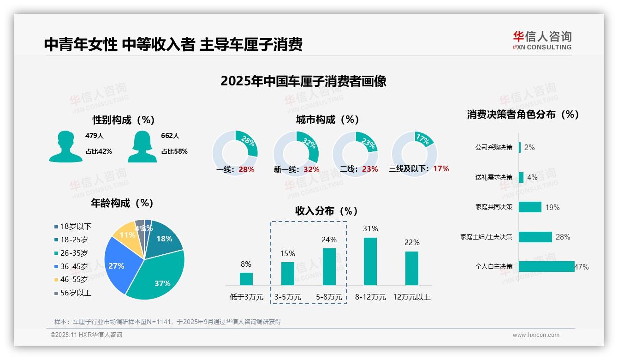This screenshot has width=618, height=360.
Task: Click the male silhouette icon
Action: [x=65, y=147]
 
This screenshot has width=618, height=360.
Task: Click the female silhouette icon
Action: [x=143, y=147]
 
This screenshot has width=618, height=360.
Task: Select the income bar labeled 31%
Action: [x=370, y=261]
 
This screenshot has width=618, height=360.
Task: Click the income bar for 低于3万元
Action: [x=246, y=279]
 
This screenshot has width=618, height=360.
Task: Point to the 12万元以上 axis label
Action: [x=412, y=297]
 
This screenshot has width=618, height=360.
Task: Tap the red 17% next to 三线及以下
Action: [x=441, y=169]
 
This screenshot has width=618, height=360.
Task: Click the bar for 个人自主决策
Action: [x=547, y=266]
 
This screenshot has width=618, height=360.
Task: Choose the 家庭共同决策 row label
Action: [x=494, y=207]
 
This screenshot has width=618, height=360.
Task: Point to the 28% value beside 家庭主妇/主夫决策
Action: [x=563, y=237]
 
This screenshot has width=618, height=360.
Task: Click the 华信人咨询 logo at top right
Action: [x=542, y=40]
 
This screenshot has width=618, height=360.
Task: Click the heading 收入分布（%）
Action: [x=327, y=211]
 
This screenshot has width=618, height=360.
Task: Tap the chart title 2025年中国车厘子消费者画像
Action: [x=303, y=81]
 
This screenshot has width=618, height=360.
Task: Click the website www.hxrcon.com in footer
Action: [x=536, y=335]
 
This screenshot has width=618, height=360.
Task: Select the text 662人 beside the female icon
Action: [x=170, y=136]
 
